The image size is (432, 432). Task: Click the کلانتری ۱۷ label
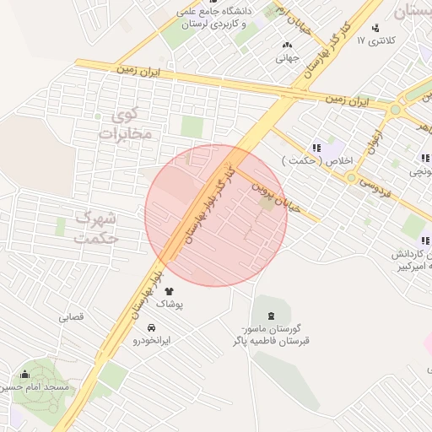point(375,40)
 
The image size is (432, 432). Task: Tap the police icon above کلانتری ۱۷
point(375,26)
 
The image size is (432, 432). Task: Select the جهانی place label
point(288,59)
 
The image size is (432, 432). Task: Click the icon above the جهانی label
point(288,46)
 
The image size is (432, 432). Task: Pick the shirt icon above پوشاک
point(180,290)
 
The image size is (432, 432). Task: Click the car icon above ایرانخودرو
point(151,327)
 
